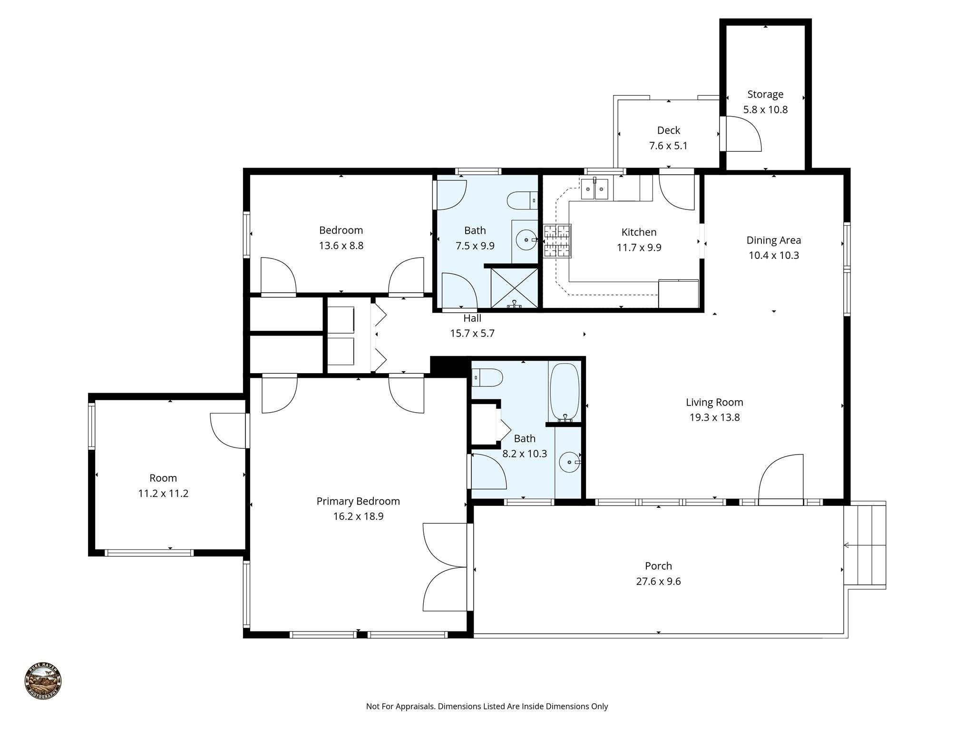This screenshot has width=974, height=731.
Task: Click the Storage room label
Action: point(765,94)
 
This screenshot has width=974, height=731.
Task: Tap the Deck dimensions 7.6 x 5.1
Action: point(668,146)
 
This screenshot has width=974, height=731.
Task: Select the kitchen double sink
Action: point(594,189)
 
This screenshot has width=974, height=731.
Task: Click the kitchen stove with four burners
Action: point(557,241)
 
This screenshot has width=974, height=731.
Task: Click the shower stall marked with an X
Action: point(514,287)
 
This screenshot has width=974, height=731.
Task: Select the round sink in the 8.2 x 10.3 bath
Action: point(569,462)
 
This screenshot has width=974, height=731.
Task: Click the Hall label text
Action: point(472,318)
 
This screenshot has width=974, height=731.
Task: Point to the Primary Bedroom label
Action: point(358,501)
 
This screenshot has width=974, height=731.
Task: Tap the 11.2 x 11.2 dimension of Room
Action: point(163,494)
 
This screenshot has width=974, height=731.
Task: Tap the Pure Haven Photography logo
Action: point(43,681)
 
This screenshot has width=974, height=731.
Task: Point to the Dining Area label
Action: point(773,240)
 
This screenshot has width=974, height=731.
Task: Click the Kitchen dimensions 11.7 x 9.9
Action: point(639,247)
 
